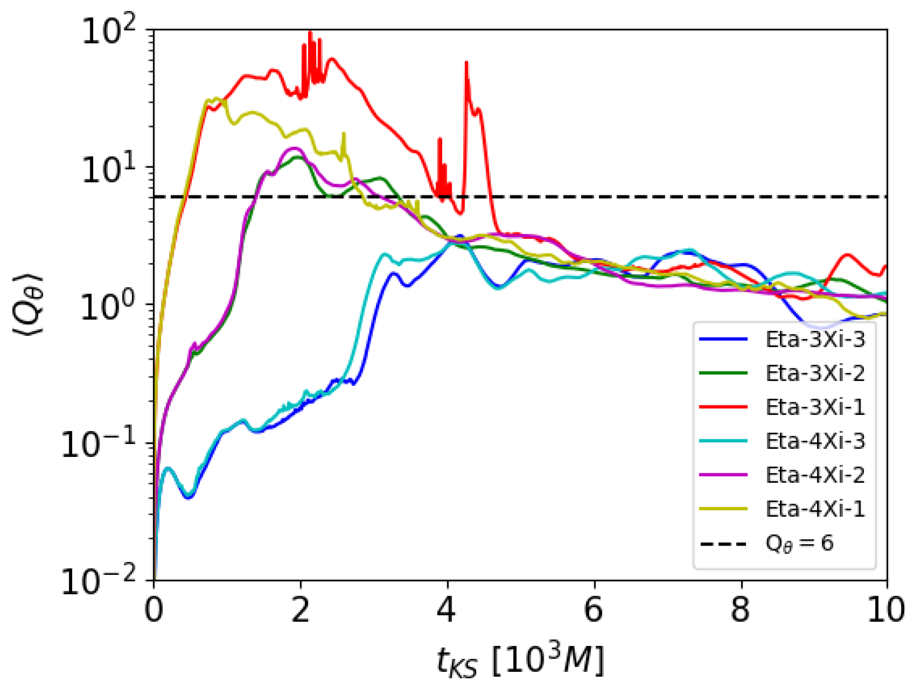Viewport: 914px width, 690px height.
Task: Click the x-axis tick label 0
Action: [x=154, y=611]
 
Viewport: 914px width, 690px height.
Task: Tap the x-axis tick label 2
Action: [x=300, y=611]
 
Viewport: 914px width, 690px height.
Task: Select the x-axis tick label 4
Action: [x=447, y=611]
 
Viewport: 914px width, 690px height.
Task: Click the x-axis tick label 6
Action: [x=594, y=611]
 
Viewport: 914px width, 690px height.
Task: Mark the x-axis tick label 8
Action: [x=740, y=611]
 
